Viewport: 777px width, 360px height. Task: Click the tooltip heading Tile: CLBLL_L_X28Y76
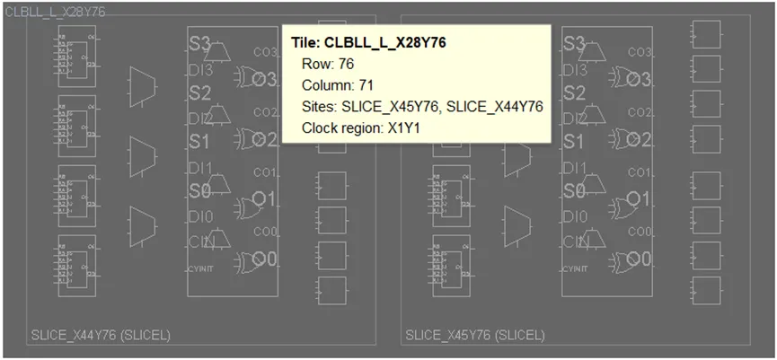pyautogui.click(x=368, y=41)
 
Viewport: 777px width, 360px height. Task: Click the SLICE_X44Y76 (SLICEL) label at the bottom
pyautogui.click(x=101, y=336)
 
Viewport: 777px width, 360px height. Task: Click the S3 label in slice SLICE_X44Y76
pyautogui.click(x=199, y=42)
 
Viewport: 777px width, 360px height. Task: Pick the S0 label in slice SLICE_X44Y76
pyautogui.click(x=199, y=191)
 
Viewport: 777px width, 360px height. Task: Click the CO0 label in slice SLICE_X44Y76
pyautogui.click(x=265, y=232)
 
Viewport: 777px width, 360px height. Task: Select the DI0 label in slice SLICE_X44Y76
pyautogui.click(x=199, y=216)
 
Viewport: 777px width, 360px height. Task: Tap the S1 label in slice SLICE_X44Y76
pyautogui.click(x=199, y=142)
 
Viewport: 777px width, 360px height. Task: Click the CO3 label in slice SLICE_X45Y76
pyautogui.click(x=640, y=52)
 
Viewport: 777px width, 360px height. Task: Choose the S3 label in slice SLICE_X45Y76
pyautogui.click(x=574, y=42)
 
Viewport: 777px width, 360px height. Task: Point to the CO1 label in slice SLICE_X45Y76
pyautogui.click(x=640, y=171)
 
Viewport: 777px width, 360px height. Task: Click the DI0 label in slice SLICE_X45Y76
pyautogui.click(x=574, y=216)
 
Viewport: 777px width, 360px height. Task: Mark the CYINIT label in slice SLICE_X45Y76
pyautogui.click(x=576, y=268)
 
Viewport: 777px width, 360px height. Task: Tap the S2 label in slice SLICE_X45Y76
pyautogui.click(x=574, y=92)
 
